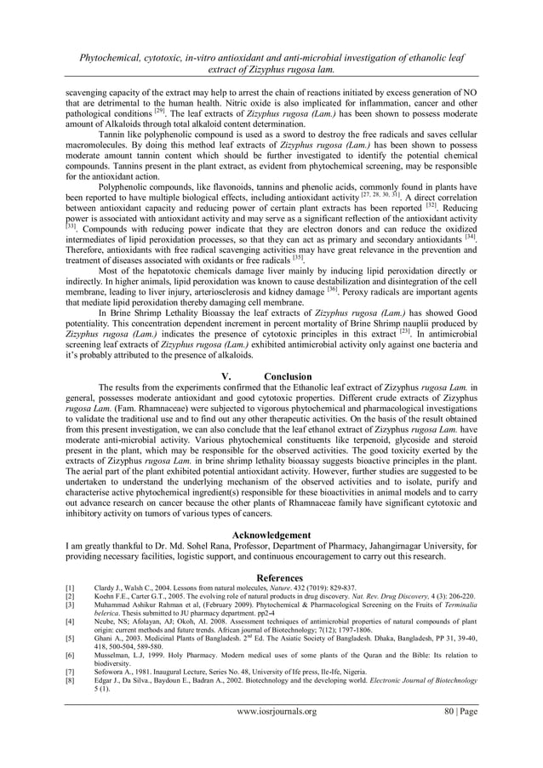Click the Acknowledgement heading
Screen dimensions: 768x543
[x=271, y=535]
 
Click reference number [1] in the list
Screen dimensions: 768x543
[x=71, y=587]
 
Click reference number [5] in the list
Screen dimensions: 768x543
[x=71, y=638]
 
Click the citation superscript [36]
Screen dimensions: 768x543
[x=333, y=289]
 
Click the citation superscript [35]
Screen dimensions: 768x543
[x=298, y=258]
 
